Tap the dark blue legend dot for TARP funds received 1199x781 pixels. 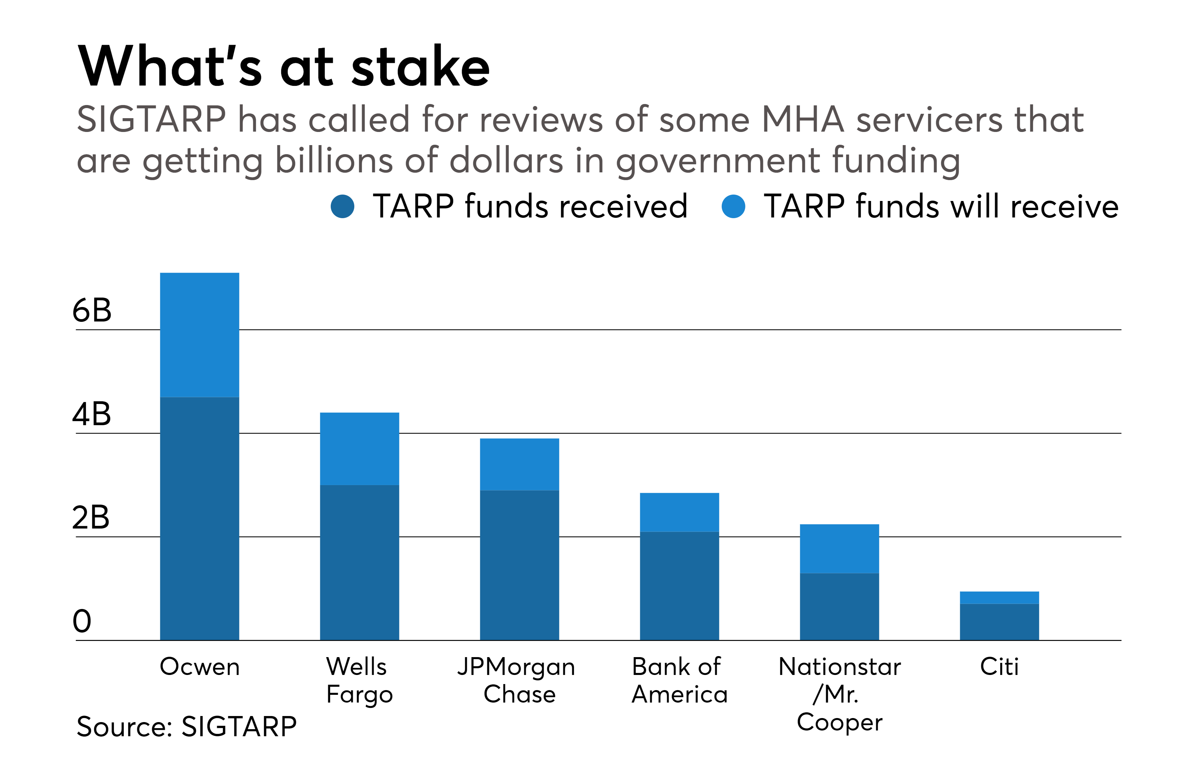coord(343,206)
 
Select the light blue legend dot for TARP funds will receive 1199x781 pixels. coord(734,206)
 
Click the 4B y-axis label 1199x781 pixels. coord(91,414)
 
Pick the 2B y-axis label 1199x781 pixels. coord(91,518)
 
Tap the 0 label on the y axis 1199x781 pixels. coord(82,621)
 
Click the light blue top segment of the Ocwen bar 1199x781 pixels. coord(199,335)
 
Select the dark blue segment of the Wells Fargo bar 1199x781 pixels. coord(360,563)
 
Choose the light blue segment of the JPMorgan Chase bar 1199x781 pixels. coord(519,464)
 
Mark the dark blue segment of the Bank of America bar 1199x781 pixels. coord(679,586)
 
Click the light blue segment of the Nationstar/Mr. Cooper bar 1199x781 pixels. coord(839,549)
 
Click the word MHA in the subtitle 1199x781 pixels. coord(803,120)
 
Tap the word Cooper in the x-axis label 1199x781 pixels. coord(839,722)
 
